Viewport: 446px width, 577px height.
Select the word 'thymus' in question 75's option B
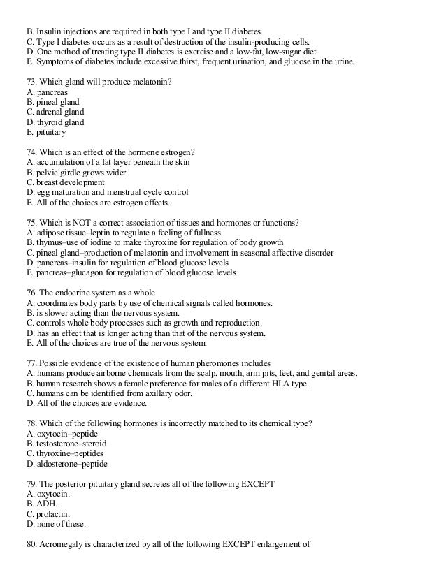(45, 242)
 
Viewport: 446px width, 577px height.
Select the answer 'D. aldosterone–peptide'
(66, 463)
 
